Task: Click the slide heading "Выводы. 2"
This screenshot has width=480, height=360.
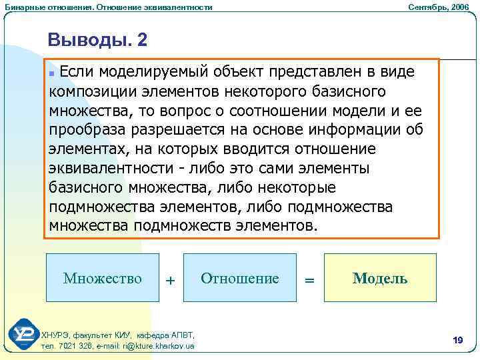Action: (x=97, y=41)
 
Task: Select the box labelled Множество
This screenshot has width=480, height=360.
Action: (x=103, y=277)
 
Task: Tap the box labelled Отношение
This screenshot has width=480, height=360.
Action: (x=240, y=277)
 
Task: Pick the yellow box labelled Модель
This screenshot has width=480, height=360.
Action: (x=379, y=277)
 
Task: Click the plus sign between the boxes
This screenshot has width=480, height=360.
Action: (x=171, y=281)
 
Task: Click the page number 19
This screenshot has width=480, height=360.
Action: (x=457, y=341)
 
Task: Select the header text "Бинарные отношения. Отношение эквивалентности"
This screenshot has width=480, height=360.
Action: (x=109, y=7)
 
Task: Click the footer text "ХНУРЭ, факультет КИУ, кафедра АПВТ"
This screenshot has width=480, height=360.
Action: (x=118, y=335)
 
